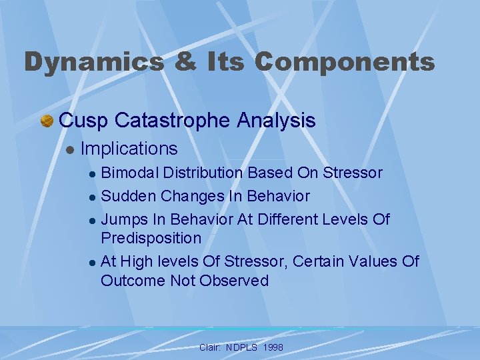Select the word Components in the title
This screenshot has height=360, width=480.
point(344,62)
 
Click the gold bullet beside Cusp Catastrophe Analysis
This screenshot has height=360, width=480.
point(47,121)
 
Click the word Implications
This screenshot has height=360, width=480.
point(129,149)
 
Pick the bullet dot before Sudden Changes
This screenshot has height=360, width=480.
point(92,197)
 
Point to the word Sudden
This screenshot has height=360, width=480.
point(127,196)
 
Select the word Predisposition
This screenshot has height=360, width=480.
point(151,238)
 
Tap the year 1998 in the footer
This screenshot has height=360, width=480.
point(273,348)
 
